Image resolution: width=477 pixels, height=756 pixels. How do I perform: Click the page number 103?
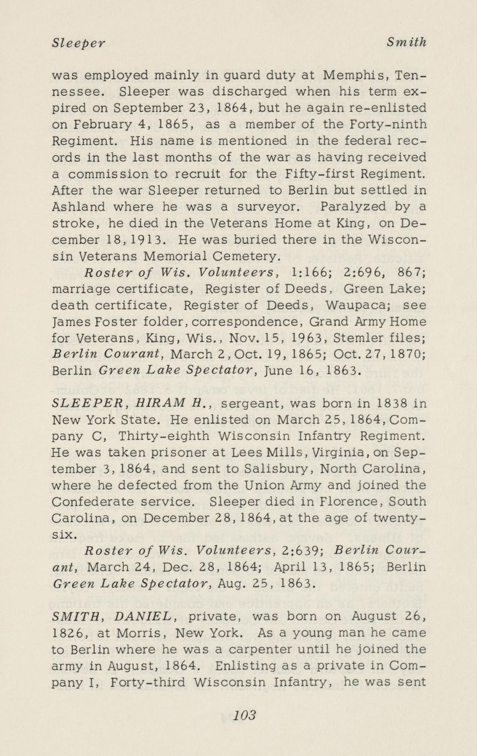245,715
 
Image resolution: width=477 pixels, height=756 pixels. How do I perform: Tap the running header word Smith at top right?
406,42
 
